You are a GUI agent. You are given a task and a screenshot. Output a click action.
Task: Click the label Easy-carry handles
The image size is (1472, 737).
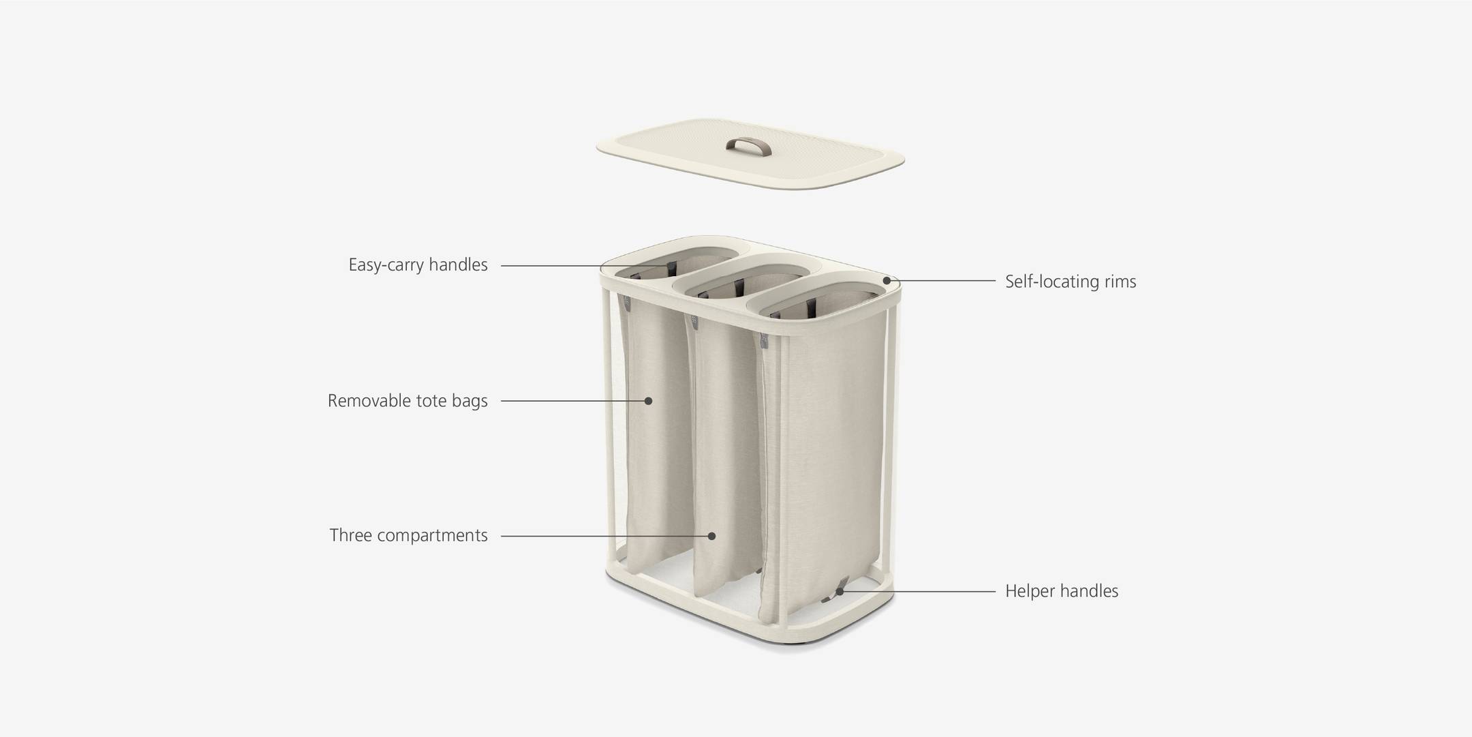pyautogui.click(x=418, y=265)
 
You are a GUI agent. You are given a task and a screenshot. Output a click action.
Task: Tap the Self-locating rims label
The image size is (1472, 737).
pyautogui.click(x=1070, y=282)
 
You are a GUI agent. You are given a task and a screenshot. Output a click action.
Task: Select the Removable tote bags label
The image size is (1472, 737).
pyautogui.click(x=408, y=400)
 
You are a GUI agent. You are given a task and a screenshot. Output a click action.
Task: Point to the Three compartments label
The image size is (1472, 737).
pyautogui.click(x=408, y=535)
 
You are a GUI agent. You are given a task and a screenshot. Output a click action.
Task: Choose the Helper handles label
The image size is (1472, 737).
pyautogui.click(x=1061, y=591)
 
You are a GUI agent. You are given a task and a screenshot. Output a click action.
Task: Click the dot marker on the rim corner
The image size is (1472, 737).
pyautogui.click(x=887, y=280)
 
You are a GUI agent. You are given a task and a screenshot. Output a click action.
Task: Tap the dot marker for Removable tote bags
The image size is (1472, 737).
pyautogui.click(x=649, y=401)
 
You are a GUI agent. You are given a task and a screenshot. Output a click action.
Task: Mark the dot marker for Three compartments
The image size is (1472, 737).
pyautogui.click(x=711, y=536)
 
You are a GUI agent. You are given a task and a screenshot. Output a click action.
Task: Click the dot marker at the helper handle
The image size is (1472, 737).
pyautogui.click(x=840, y=591)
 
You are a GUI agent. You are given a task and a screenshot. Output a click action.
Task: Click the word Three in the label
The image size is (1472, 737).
pyautogui.click(x=351, y=535)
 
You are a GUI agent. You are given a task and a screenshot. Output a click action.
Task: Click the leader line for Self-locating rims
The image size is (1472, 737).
pyautogui.click(x=947, y=281)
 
